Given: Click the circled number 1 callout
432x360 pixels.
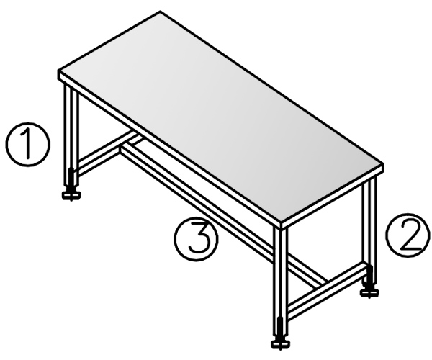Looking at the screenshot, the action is click(28, 144).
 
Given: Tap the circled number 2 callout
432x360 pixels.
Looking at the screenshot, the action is click(408, 235).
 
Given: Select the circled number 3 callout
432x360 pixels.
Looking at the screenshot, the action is click(196, 238).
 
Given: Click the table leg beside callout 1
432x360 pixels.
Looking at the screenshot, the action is click(71, 135).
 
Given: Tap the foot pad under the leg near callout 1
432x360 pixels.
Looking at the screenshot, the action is click(71, 196).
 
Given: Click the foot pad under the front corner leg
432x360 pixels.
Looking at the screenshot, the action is click(281, 343).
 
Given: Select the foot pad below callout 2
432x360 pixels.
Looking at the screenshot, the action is click(370, 292).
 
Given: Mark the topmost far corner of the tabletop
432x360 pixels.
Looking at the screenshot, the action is click(161, 12).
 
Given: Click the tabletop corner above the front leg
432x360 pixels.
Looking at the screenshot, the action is click(281, 222).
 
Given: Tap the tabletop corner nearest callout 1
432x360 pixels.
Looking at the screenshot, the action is click(59, 71).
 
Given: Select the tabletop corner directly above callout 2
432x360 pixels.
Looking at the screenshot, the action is click(384, 164).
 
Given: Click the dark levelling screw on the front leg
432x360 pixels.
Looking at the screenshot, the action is click(280, 328).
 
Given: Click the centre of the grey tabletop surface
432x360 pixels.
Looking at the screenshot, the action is click(220, 116).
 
